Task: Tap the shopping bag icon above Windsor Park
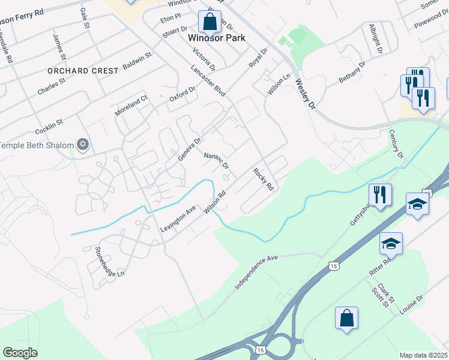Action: [x=209, y=22]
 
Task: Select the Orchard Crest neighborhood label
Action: [x=83, y=71]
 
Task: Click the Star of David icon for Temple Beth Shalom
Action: [x=83, y=145]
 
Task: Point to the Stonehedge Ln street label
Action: [x=108, y=262]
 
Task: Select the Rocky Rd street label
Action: [x=263, y=179]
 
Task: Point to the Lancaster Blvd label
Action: [x=208, y=80]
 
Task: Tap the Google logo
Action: [x=20, y=352]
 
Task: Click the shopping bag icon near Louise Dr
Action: [x=347, y=318]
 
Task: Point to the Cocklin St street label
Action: [x=49, y=127]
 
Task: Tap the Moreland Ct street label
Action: [x=131, y=106]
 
